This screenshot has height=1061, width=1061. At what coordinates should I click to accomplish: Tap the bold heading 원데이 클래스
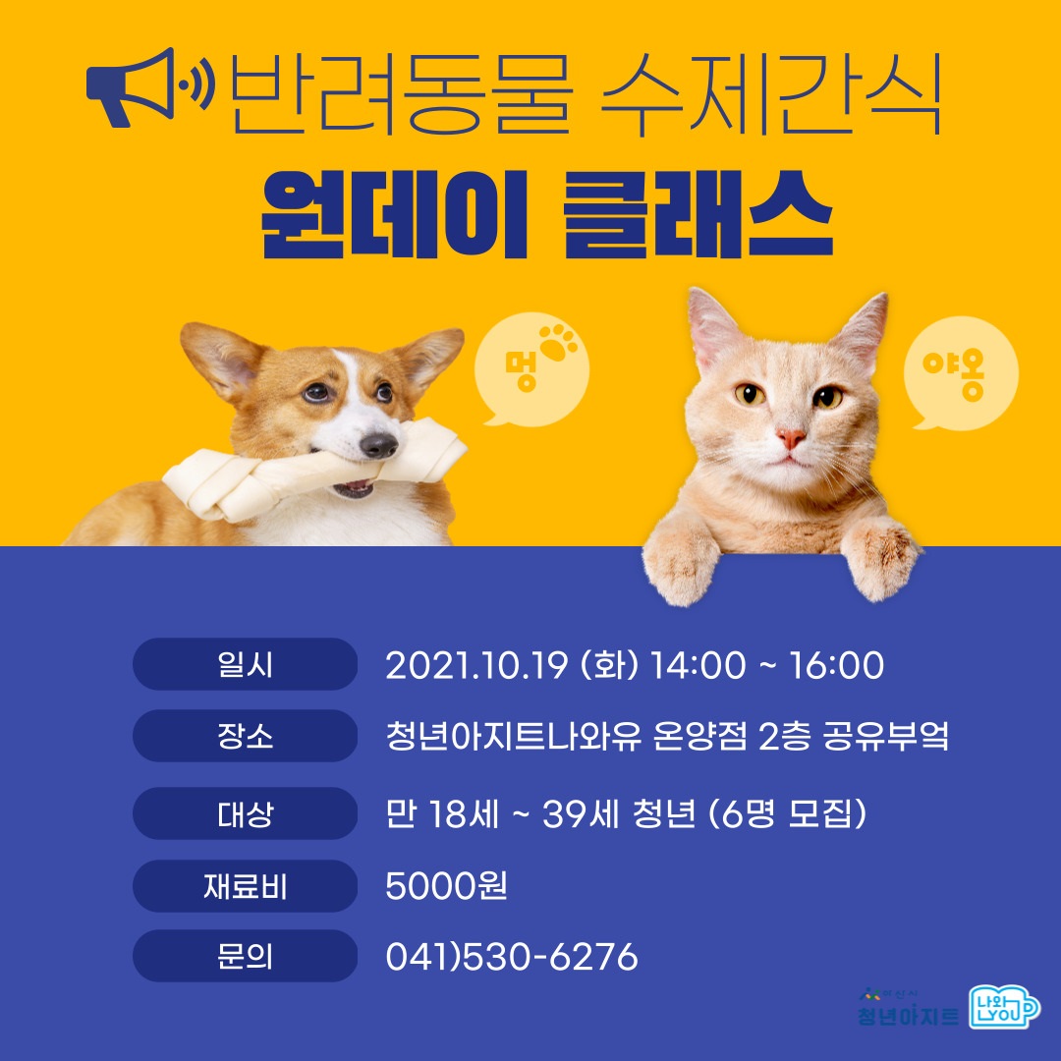point(546,213)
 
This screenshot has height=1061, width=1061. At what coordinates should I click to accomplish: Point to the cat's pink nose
point(791,437)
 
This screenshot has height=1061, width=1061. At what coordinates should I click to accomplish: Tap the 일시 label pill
point(245,664)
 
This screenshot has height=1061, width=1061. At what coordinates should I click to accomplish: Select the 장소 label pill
point(245,736)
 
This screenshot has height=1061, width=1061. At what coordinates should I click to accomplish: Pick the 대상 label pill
point(245,813)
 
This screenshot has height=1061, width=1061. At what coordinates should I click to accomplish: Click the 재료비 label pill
point(245,886)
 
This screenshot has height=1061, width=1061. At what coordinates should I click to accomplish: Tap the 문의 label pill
point(245,956)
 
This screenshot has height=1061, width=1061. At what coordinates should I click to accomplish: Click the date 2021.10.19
point(476,665)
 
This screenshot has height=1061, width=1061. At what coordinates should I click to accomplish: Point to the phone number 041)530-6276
point(511,956)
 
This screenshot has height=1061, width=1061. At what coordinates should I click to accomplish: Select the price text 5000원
point(446,886)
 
